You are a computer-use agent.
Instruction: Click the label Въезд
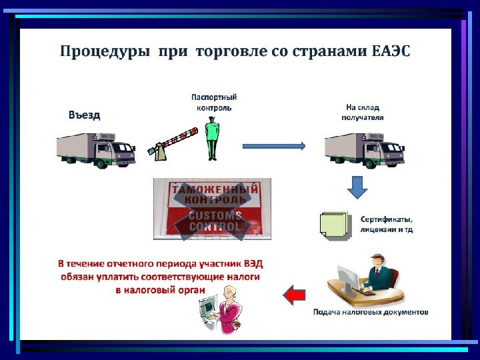point(85,115)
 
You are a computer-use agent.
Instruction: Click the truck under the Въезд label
point(95,150)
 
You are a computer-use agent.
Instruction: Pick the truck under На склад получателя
point(364,150)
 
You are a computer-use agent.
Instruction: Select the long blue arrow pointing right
point(273,145)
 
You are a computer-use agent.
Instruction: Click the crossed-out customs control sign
point(212,209)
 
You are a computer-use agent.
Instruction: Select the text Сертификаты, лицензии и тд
point(387,224)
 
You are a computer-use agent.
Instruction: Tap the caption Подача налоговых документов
point(371,312)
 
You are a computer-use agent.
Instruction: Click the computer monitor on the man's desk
point(347,278)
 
